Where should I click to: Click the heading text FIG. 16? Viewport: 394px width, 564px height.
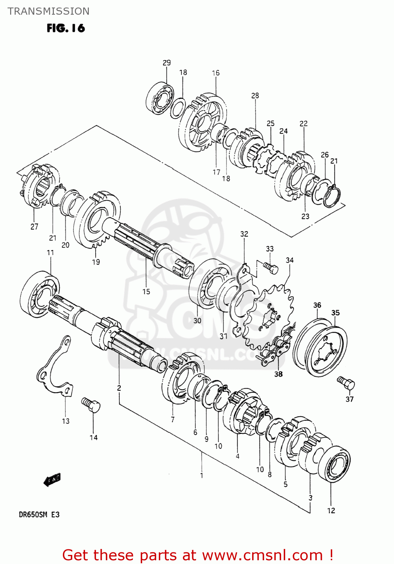coord(66,28)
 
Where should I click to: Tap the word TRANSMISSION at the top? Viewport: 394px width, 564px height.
coord(49,11)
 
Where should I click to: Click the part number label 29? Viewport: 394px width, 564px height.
coord(166,63)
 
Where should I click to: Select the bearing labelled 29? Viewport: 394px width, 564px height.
coord(160,99)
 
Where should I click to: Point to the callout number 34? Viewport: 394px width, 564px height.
coord(289,260)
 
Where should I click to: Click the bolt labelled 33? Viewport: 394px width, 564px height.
coord(271,267)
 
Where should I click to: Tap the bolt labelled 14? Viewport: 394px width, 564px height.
coord(91,405)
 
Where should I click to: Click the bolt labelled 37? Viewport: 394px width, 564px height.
coord(346,383)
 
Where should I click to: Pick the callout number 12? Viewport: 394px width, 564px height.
coord(331,510)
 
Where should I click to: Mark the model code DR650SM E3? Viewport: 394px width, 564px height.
coord(39,514)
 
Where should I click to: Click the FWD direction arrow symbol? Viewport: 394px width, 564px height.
coord(52,480)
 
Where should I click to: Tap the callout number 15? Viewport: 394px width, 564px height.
coord(146,291)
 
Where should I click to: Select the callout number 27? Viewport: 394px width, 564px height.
coord(34,226)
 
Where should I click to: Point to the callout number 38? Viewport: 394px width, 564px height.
coord(278,374)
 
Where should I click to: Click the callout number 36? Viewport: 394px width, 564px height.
coord(317,305)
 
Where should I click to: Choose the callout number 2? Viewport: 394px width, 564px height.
coord(119,388)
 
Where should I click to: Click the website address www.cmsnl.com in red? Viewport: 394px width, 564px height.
coord(262,555)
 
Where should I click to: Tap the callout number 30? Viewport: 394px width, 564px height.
coord(197,320)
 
